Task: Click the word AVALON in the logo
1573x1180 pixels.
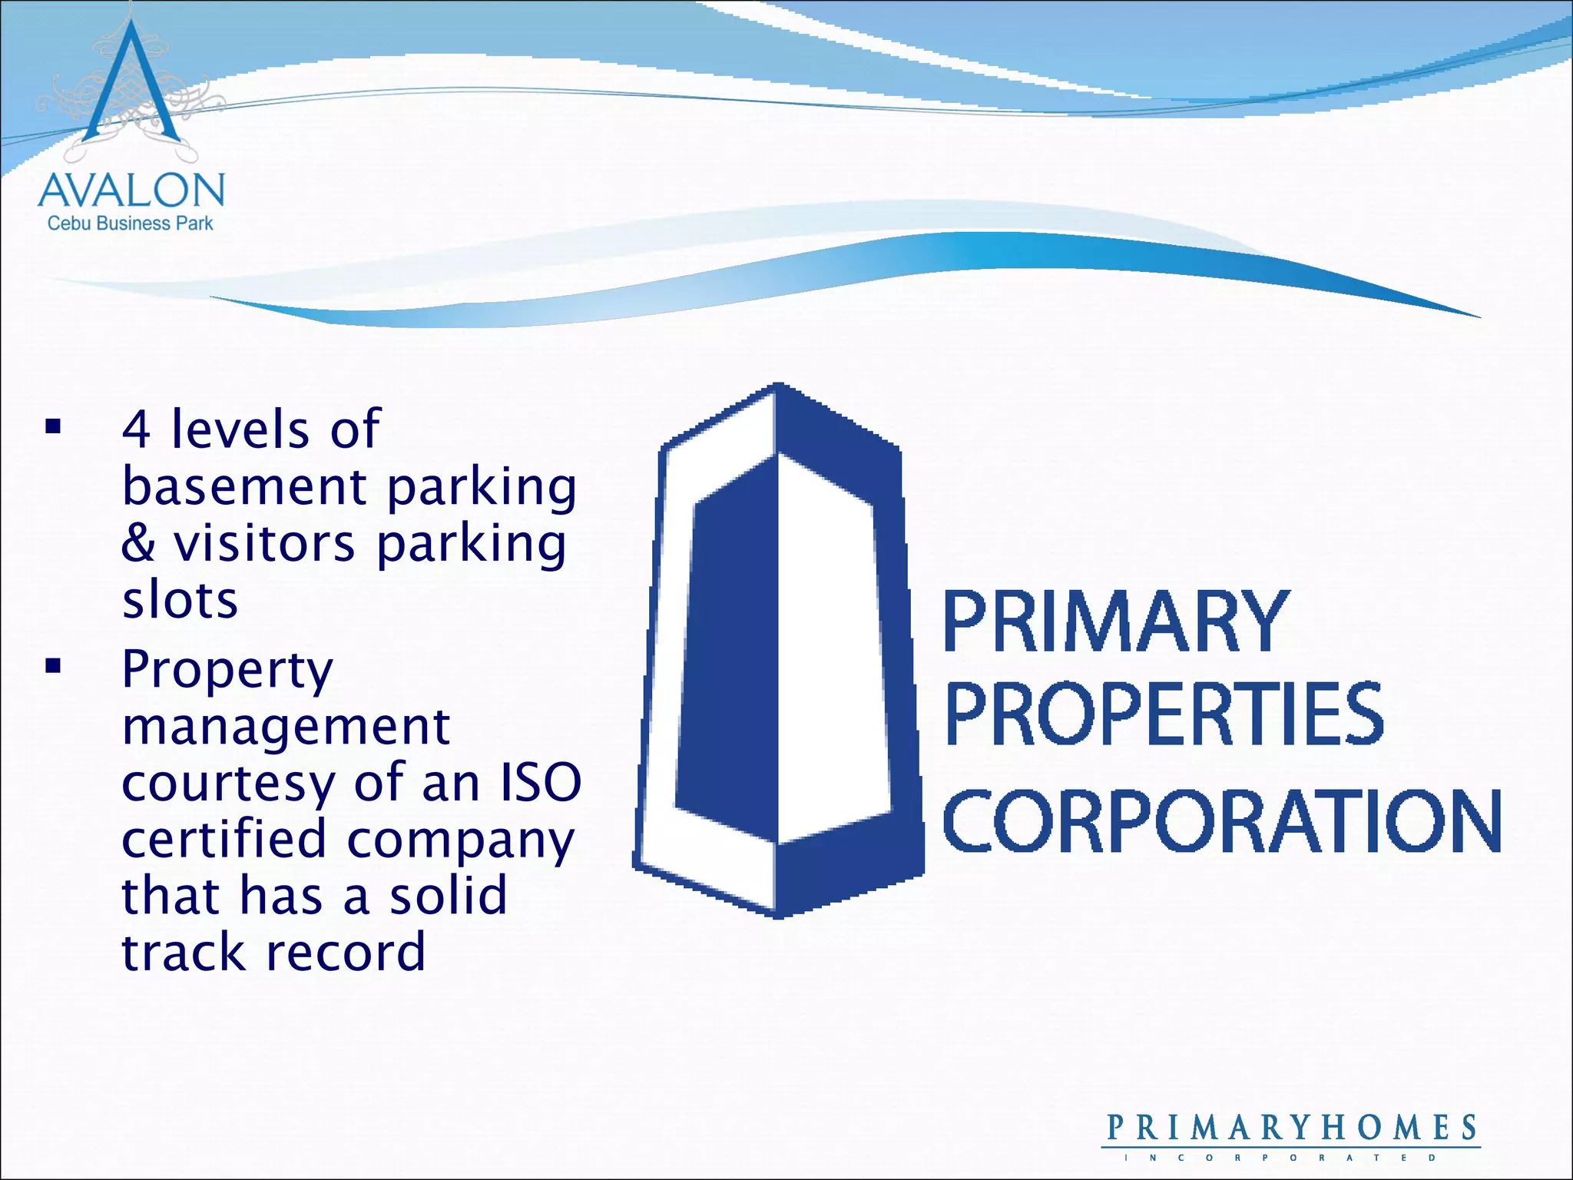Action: [x=131, y=191]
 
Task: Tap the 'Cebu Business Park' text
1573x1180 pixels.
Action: [x=131, y=224]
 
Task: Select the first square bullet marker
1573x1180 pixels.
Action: [x=53, y=426]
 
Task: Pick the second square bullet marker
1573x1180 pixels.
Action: [x=53, y=665]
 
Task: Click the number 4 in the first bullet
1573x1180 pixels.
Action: [x=137, y=429]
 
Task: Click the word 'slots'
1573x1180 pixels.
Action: [x=180, y=600]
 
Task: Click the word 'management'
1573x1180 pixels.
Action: [x=286, y=727]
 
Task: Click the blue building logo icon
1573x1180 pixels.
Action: [x=778, y=650]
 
